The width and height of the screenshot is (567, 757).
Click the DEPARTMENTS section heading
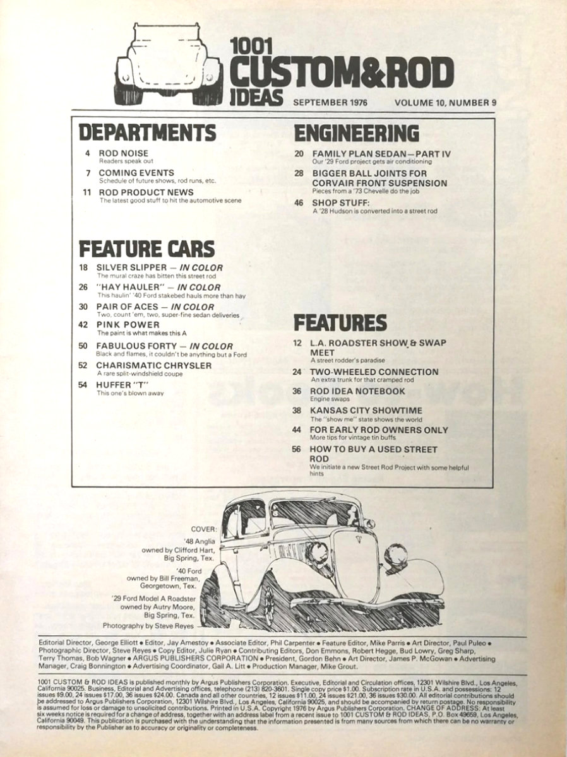coord(147,132)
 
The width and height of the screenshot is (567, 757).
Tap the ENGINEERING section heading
coord(357,132)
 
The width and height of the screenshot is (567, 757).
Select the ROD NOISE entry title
coord(123,153)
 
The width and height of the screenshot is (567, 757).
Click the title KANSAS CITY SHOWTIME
coord(366,411)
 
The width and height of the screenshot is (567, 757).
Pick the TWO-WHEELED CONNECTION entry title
coord(374,372)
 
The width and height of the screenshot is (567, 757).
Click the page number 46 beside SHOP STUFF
coord(299,202)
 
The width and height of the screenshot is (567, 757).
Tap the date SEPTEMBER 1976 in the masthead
coord(330,102)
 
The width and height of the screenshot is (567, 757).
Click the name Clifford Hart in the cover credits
coord(193,550)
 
